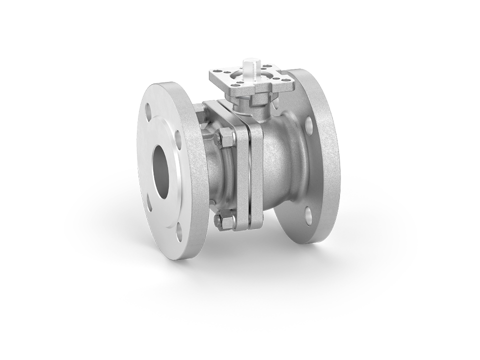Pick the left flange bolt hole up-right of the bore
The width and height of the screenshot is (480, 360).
(178, 136)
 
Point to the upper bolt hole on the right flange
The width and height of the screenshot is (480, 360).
(309, 122)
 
